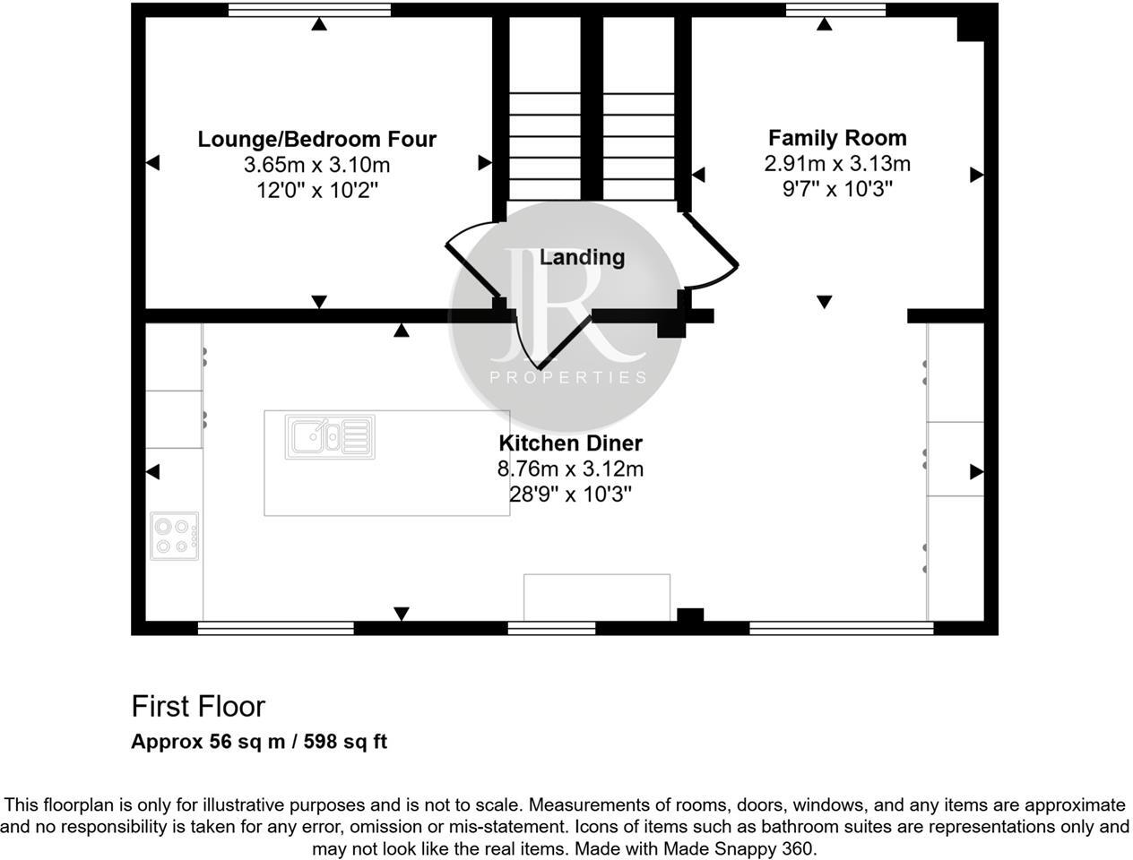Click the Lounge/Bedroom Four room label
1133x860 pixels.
[316, 139]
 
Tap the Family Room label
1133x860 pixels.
[837, 138]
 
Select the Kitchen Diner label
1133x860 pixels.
[570, 443]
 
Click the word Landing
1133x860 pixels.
[582, 257]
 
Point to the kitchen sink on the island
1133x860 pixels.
[330, 436]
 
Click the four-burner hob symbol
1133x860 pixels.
[174, 536]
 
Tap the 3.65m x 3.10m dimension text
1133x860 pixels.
[316, 165]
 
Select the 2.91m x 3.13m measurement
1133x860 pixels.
[837, 163]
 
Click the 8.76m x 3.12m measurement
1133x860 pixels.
[570, 469]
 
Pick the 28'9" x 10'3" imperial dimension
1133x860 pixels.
[570, 494]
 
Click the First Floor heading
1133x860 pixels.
[198, 706]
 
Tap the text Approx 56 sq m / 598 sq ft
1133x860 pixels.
[259, 742]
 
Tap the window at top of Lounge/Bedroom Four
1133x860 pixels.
[309, 10]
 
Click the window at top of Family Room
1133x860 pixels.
[835, 10]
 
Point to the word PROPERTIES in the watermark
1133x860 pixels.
[567, 377]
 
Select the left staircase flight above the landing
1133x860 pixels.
[544, 143]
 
